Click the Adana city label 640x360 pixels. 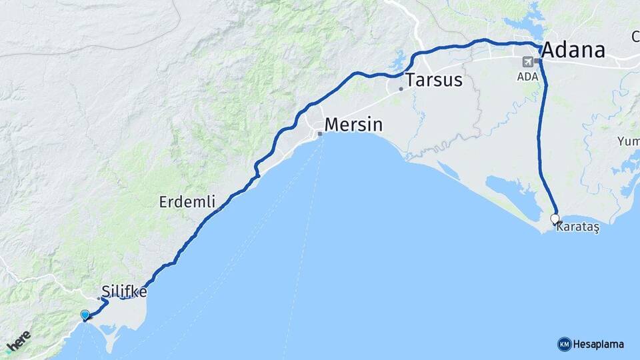click(573, 50)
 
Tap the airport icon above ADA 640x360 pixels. click(528, 62)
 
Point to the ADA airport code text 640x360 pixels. click(527, 77)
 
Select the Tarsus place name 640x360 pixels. click(434, 80)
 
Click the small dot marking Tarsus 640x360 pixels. click(401, 89)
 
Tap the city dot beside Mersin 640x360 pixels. click(320, 134)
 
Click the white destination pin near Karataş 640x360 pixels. click(555, 219)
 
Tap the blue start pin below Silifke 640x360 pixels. click(85, 315)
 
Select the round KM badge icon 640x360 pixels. click(564, 344)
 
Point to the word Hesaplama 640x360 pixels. click(599, 344)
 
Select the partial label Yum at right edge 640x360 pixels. click(628, 141)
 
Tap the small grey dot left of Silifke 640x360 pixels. click(99, 298)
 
